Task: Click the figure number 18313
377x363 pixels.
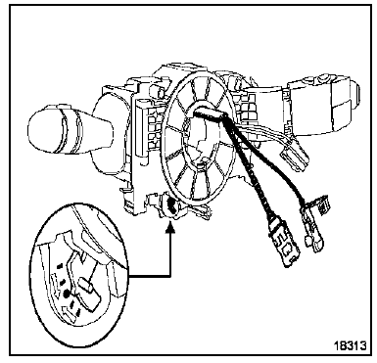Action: pyautogui.click(x=350, y=344)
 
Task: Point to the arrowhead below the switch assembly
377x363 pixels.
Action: pyautogui.click(x=170, y=226)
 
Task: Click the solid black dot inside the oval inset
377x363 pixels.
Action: pyautogui.click(x=66, y=295)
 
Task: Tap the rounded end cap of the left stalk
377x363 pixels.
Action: pyautogui.click(x=41, y=133)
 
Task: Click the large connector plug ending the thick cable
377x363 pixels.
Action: pyautogui.click(x=284, y=243)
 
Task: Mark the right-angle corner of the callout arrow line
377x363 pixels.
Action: pyautogui.click(x=170, y=277)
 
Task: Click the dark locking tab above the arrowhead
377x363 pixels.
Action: pyautogui.click(x=170, y=205)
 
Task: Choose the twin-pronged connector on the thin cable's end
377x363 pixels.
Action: pyautogui.click(x=312, y=243)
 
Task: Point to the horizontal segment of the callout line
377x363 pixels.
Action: pyautogui.click(x=149, y=277)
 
